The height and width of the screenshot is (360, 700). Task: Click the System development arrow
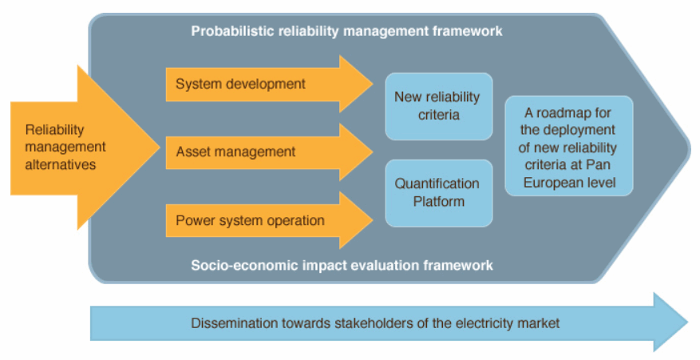pyautogui.click(x=269, y=84)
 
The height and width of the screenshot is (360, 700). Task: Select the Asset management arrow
pyautogui.click(x=269, y=152)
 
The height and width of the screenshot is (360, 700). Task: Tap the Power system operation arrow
pyautogui.click(x=269, y=220)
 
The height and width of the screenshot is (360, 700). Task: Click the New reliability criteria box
pyautogui.click(x=439, y=106)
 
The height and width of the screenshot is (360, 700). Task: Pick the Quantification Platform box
pyautogui.click(x=439, y=193)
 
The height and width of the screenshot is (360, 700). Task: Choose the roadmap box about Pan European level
pyautogui.click(x=569, y=146)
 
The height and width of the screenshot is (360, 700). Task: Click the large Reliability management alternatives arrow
pyautogui.click(x=85, y=148)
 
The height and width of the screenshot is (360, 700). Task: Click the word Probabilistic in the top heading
pyautogui.click(x=232, y=31)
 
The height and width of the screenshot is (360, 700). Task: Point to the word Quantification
pyautogui.click(x=437, y=184)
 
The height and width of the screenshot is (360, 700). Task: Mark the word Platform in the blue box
pyautogui.click(x=439, y=201)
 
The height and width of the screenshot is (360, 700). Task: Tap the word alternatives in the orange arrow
pyautogui.click(x=61, y=164)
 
